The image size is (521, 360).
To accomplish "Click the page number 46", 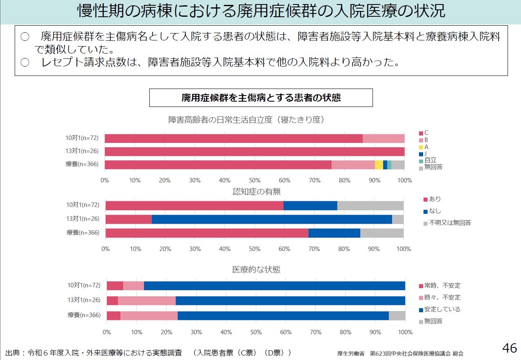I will pos(509,348).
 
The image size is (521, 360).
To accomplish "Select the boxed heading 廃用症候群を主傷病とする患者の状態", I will pos(261,98).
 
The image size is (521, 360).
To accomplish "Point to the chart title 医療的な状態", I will pos(256,270).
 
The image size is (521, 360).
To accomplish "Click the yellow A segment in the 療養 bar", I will pos(379,165).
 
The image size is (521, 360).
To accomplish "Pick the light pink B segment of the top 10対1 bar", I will pos(384,138).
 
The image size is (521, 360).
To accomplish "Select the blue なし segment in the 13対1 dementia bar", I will pos(272,219).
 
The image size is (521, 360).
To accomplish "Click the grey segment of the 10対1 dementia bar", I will pos(370,205).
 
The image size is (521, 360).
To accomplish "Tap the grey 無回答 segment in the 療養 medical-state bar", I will pos(397,316).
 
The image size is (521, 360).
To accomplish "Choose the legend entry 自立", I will pos(430,160).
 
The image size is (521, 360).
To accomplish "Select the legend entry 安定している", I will pos(442,309).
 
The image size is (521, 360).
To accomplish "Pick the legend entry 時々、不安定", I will pos(442,298).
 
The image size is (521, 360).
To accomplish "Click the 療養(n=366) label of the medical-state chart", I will pos(84,315).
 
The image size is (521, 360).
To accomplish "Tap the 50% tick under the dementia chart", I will pos(255,249).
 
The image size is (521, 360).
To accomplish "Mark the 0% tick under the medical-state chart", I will pos(107,332).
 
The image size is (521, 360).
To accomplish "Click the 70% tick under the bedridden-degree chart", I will pos(315,180).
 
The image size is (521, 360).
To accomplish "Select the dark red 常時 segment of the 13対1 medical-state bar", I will pos(112,301).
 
